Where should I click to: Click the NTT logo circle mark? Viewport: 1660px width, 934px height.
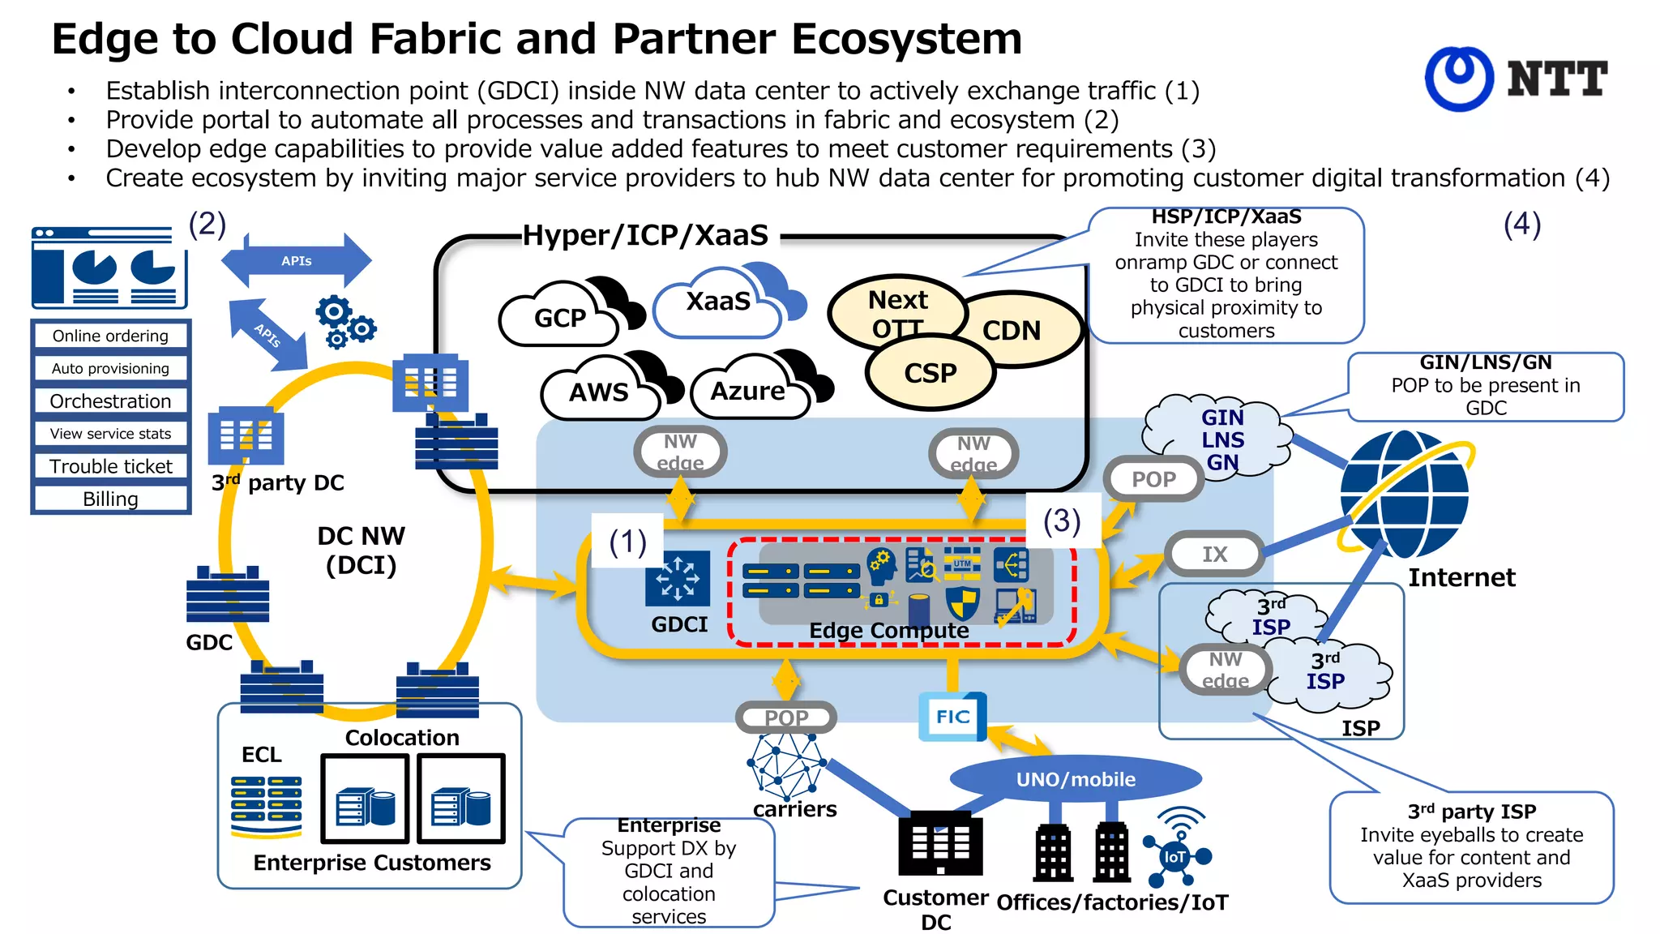[x=1459, y=79]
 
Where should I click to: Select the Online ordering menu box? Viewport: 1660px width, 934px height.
[x=110, y=336]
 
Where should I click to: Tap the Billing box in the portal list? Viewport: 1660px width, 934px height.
[x=110, y=499]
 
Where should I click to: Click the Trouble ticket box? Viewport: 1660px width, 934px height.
[x=110, y=466]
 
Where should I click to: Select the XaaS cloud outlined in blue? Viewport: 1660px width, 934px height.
[x=717, y=302]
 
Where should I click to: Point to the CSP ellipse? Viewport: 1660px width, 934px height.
[x=930, y=373]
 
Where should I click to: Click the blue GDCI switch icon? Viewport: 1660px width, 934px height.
[x=678, y=579]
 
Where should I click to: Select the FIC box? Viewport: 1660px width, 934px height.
[x=952, y=717]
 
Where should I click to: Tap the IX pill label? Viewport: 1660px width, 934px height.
[x=1214, y=555]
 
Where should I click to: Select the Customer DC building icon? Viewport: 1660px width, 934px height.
[x=940, y=843]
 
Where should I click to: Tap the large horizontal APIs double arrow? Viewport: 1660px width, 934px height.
[x=297, y=261]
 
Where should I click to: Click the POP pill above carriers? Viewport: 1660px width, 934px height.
[x=785, y=718]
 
